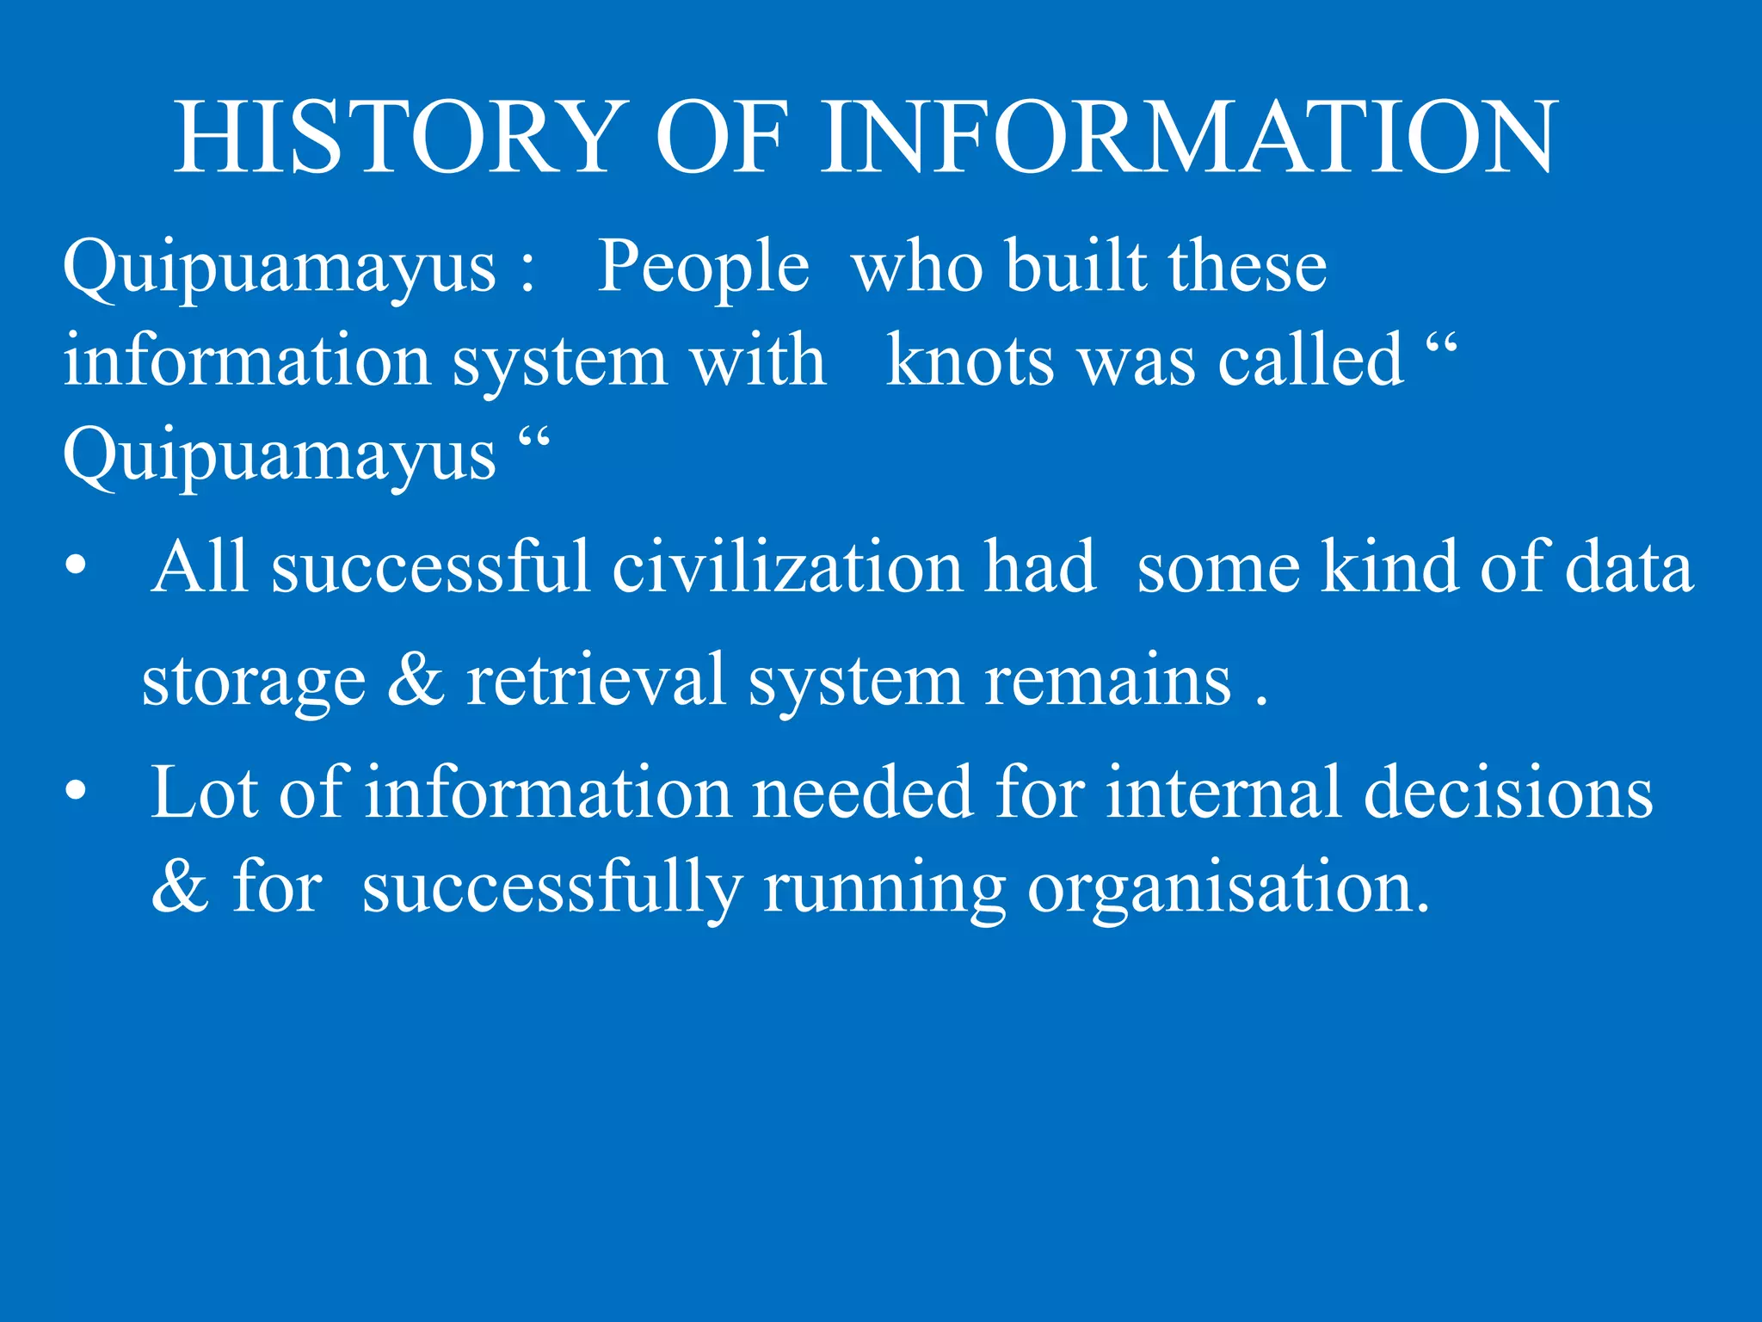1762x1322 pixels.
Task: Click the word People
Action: (703, 267)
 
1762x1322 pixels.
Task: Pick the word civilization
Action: (787, 568)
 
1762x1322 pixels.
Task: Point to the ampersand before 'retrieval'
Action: (416, 680)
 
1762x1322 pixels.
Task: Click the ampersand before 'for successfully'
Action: (180, 887)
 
